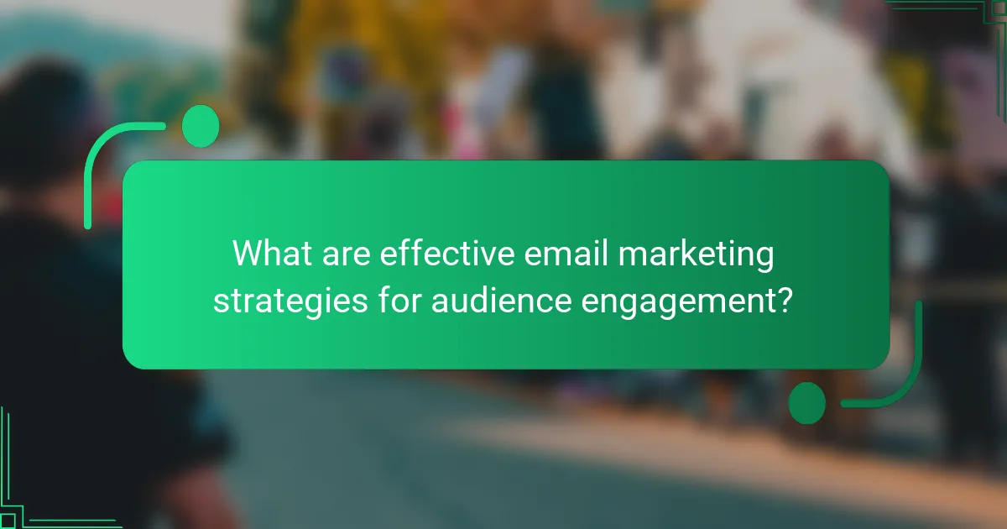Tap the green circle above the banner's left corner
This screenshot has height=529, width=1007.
click(x=201, y=127)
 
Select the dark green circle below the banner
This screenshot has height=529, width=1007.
click(x=807, y=402)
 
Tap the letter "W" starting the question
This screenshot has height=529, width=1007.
click(x=248, y=253)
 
